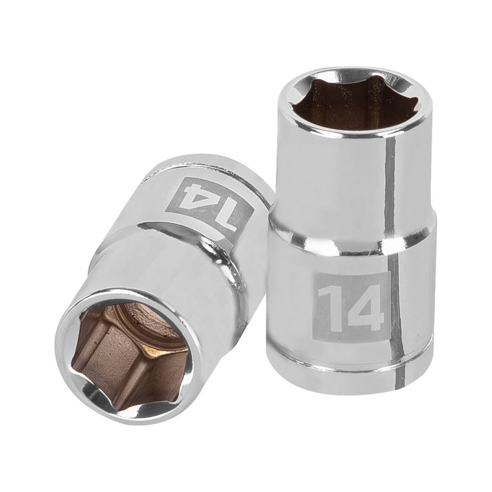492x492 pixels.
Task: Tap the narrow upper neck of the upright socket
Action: [x=336, y=173]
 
